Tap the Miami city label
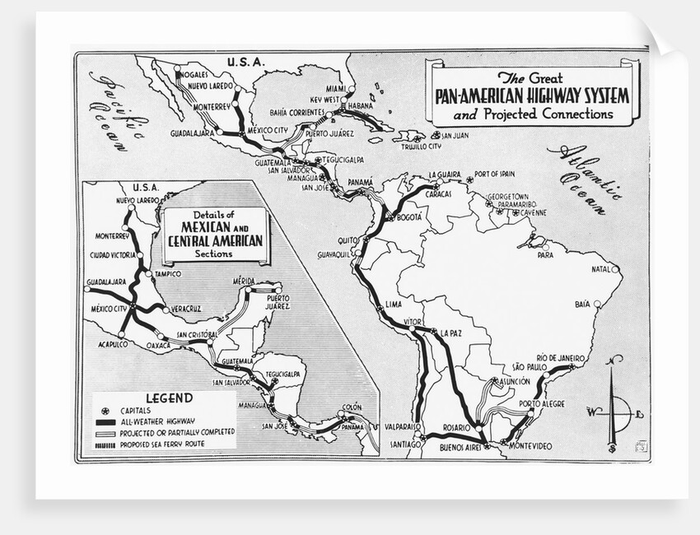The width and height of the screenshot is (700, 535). click(x=336, y=88)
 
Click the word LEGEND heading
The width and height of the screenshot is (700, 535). click(x=169, y=398)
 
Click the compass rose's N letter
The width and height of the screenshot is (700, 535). click(x=614, y=359)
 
